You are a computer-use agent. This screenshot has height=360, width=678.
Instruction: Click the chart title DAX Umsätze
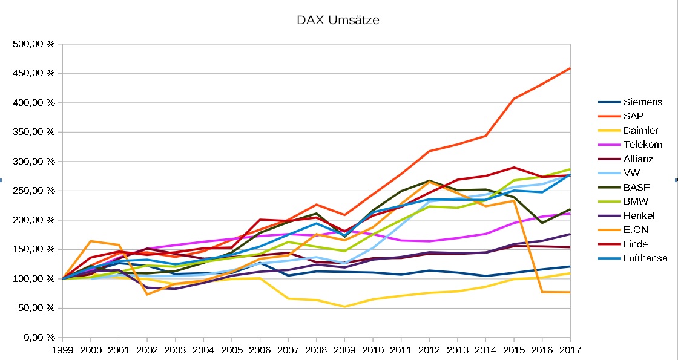point(338,20)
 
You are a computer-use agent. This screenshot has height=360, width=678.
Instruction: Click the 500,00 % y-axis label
point(34,44)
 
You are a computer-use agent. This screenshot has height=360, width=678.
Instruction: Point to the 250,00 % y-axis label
point(34,191)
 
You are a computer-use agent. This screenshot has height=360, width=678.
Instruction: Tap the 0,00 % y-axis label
point(38,337)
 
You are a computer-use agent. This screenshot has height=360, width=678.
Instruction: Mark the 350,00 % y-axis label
point(34,132)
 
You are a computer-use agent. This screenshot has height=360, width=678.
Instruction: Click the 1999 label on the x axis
point(62,350)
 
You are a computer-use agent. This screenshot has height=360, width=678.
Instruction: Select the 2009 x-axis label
point(344,350)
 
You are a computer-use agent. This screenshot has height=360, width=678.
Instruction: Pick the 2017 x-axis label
point(570,350)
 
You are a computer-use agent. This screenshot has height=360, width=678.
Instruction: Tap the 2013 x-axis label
point(457,350)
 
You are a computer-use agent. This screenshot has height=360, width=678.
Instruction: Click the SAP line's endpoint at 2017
point(570,68)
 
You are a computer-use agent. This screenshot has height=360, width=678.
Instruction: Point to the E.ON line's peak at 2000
point(91,241)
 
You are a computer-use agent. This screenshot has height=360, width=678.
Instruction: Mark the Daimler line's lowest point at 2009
point(344,307)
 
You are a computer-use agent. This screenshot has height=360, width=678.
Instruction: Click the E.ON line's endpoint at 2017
point(570,292)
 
